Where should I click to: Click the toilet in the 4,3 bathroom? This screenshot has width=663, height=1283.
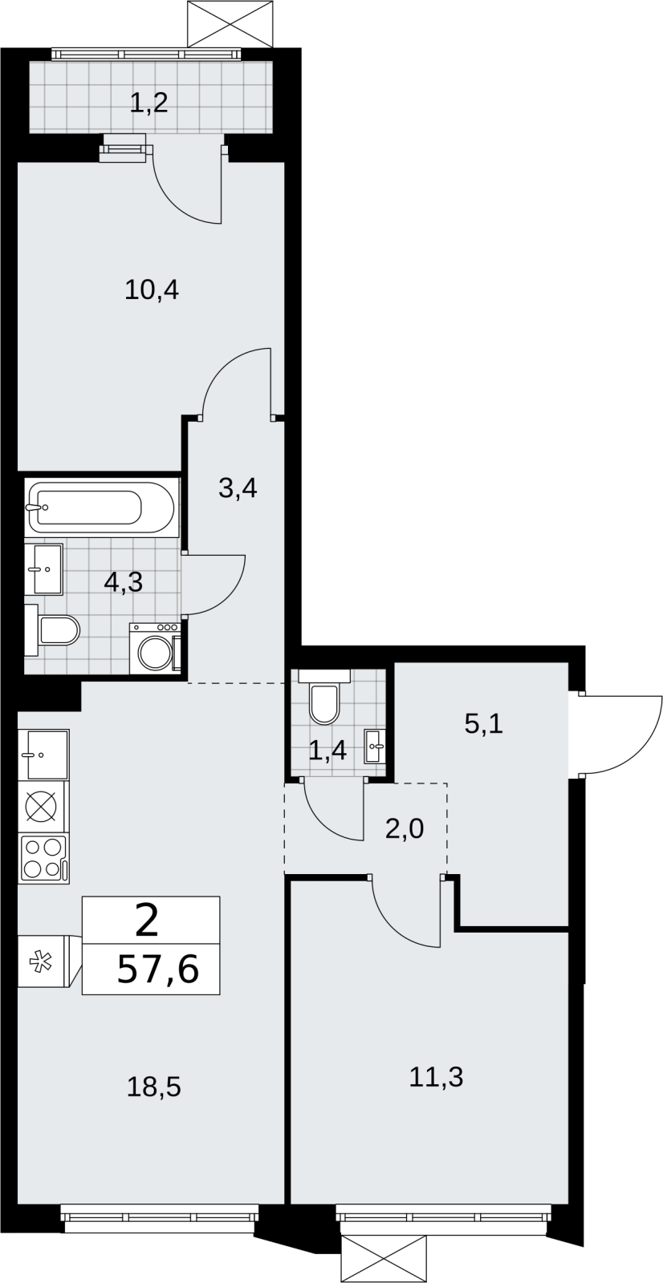coord(52,630)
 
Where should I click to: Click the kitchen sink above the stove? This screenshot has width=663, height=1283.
coord(43,755)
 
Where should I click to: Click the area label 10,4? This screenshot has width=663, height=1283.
coord(152,291)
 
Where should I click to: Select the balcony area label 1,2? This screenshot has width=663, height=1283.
coord(148,103)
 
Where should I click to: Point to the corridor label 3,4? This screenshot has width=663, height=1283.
coord(238,488)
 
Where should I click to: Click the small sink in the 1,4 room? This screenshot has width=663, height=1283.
coord(375,746)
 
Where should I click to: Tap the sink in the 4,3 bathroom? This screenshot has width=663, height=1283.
coord(43,569)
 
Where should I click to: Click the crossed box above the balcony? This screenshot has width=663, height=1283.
coord(230,24)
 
